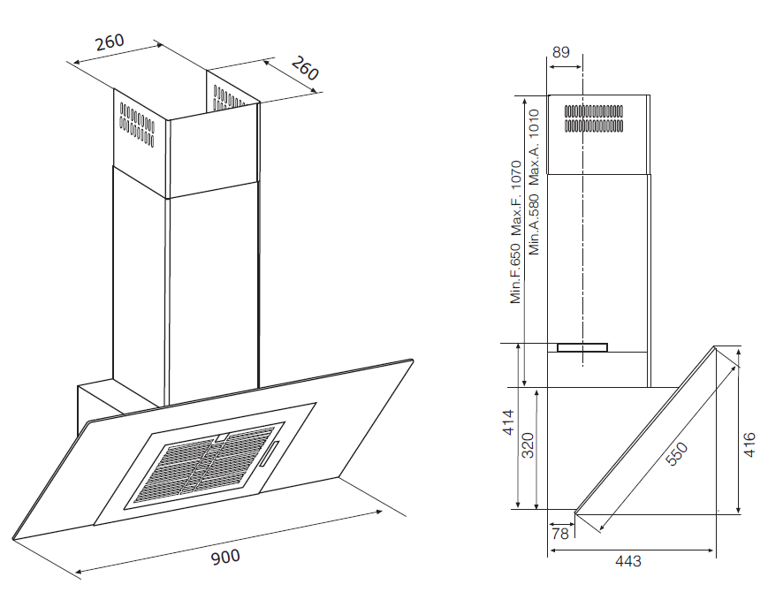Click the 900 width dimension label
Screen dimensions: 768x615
point(225,557)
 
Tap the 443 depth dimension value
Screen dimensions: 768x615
point(627,560)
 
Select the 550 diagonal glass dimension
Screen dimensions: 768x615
point(677,454)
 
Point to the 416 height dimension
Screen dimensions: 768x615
point(749,444)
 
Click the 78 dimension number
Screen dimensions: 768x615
point(560,533)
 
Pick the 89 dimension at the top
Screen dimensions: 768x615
point(561,52)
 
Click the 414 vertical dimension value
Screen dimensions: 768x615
point(508,422)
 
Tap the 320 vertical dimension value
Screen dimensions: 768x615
point(528,445)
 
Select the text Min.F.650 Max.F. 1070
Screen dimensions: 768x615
point(516,232)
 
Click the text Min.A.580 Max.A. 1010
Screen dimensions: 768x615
point(534,182)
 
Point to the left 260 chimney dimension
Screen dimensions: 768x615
point(110,42)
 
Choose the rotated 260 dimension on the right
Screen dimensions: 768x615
point(305,68)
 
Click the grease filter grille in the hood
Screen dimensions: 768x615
point(205,464)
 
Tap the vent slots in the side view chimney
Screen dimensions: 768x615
point(594,118)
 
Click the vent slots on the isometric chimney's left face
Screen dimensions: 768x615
point(137,125)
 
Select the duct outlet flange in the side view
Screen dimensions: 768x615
point(582,347)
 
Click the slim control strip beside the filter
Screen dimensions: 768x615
point(269,454)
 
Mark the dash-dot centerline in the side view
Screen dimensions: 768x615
point(583,209)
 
